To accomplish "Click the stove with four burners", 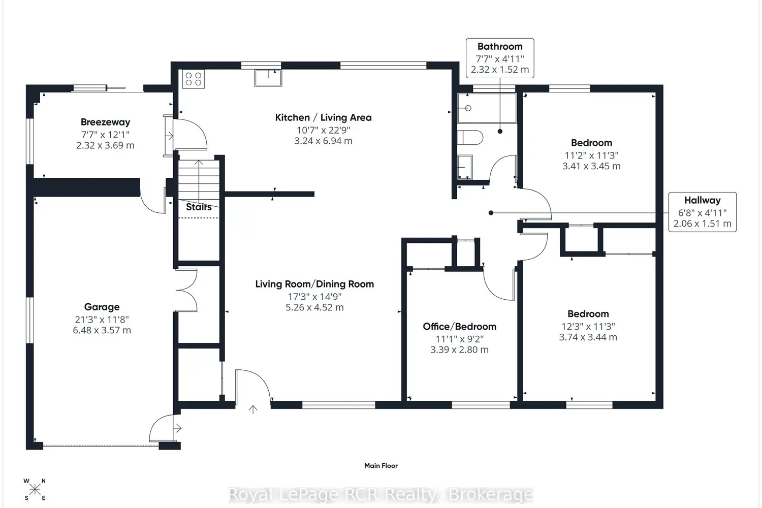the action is [193, 79].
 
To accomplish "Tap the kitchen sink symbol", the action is [268, 78].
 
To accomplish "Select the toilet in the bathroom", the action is [470, 138].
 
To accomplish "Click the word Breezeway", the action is [106, 122].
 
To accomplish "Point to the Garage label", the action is [102, 307].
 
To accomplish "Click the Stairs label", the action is [199, 207].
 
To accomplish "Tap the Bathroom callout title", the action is [500, 46].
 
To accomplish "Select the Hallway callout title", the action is [703, 200].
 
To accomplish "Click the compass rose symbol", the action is [35, 490].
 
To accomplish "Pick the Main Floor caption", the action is [380, 465].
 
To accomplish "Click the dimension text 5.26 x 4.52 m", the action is [314, 307].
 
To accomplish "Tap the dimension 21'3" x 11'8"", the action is [102, 319].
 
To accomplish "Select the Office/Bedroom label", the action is [459, 327].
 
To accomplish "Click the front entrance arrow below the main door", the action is [253, 409].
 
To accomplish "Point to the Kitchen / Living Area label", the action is [323, 118].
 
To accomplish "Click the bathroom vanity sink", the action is [465, 167].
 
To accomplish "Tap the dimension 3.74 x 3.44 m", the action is [588, 337].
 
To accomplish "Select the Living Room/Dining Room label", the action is [314, 284].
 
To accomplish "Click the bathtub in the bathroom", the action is [487, 108].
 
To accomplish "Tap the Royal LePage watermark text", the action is [380, 495].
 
